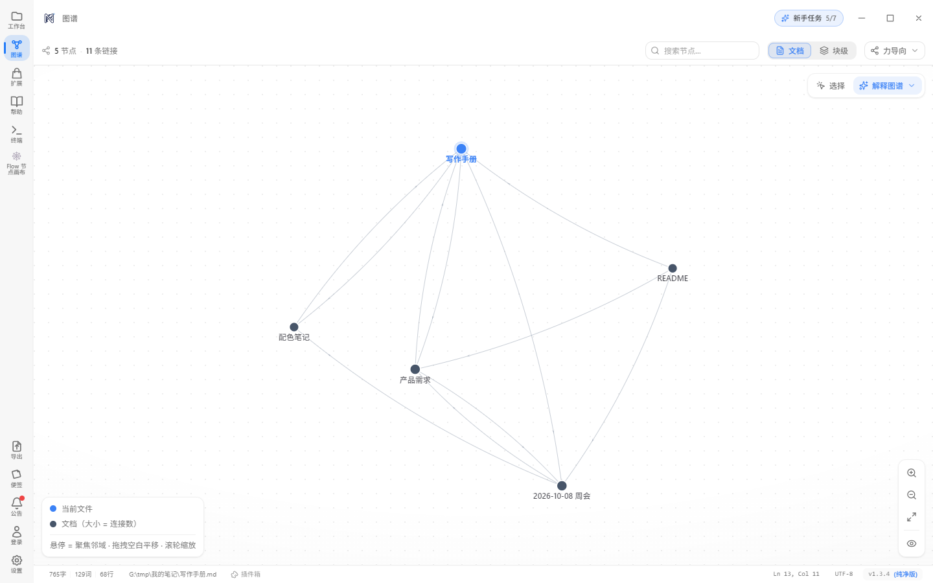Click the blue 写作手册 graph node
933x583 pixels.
click(461, 149)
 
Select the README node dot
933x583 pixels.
click(673, 268)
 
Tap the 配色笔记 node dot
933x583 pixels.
click(294, 327)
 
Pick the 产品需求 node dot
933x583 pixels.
click(415, 369)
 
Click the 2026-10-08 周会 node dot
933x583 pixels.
click(562, 486)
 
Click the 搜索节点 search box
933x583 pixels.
click(702, 51)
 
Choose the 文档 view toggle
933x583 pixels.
click(790, 51)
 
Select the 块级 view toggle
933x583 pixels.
click(833, 51)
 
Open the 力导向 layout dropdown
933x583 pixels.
click(894, 51)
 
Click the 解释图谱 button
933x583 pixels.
click(887, 86)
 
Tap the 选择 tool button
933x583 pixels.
click(831, 86)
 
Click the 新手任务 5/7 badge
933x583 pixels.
click(809, 18)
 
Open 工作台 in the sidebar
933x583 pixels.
click(17, 20)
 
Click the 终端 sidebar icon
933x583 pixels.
click(17, 134)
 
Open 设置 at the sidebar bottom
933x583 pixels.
click(17, 564)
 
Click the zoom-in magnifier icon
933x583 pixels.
click(912, 473)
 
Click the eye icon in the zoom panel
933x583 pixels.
click(912, 543)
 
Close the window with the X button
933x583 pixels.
click(919, 18)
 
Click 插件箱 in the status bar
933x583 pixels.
click(246, 574)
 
